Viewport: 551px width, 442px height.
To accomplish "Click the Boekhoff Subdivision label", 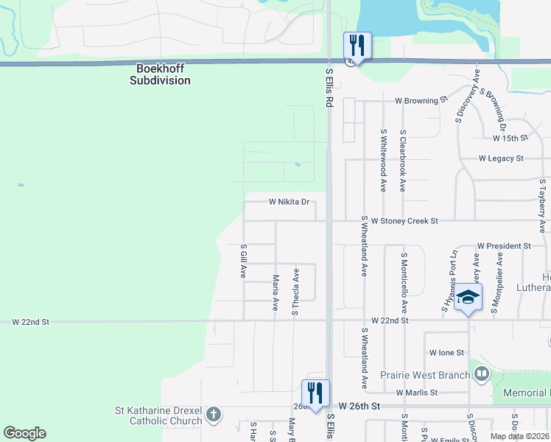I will (x=160, y=74).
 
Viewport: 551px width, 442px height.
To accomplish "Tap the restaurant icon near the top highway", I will (x=357, y=46).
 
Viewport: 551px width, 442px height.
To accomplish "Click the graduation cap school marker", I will (x=468, y=298).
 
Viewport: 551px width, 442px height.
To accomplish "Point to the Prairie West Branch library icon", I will (x=482, y=375).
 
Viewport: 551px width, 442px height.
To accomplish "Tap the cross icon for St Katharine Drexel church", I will (x=214, y=413).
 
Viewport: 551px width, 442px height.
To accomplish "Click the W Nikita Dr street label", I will (x=289, y=201).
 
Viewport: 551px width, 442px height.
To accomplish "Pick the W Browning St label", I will (x=421, y=99).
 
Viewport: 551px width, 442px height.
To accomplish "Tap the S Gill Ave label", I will (x=243, y=262).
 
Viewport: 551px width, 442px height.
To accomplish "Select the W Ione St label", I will (x=446, y=354).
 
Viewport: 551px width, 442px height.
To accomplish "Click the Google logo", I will (x=24, y=433).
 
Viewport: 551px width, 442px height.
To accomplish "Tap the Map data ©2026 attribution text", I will (x=519, y=436).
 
